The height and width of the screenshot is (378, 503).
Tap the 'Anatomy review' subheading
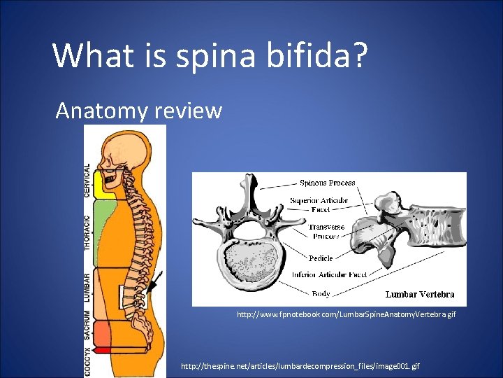click(x=138, y=111)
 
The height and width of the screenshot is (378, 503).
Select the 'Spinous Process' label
click(x=327, y=183)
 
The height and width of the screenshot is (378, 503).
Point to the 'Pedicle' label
click(x=321, y=258)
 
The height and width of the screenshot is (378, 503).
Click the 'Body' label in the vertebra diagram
click(x=321, y=294)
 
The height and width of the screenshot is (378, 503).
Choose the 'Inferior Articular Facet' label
click(x=329, y=275)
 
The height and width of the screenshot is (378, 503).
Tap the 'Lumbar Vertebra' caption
click(x=419, y=294)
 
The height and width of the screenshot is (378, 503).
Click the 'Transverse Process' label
click(x=326, y=232)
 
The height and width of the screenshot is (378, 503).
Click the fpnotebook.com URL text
click(x=346, y=315)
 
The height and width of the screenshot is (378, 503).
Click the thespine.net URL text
click(x=300, y=366)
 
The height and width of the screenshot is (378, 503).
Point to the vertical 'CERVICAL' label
click(x=87, y=181)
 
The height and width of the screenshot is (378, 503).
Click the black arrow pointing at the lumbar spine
click(x=155, y=283)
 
